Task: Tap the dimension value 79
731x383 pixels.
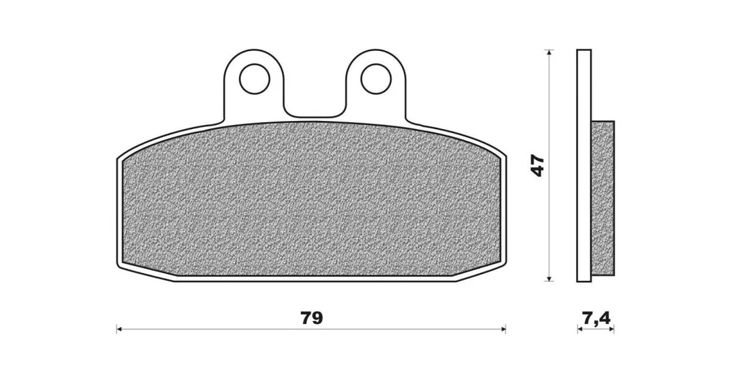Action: [312, 318]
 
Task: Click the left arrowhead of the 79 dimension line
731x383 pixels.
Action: [119, 329]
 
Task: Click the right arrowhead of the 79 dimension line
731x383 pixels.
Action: [503, 329]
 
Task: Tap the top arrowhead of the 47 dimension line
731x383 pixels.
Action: [550, 53]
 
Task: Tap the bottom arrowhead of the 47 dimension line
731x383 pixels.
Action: [550, 278]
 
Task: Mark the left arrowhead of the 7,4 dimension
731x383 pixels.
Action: [580, 329]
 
